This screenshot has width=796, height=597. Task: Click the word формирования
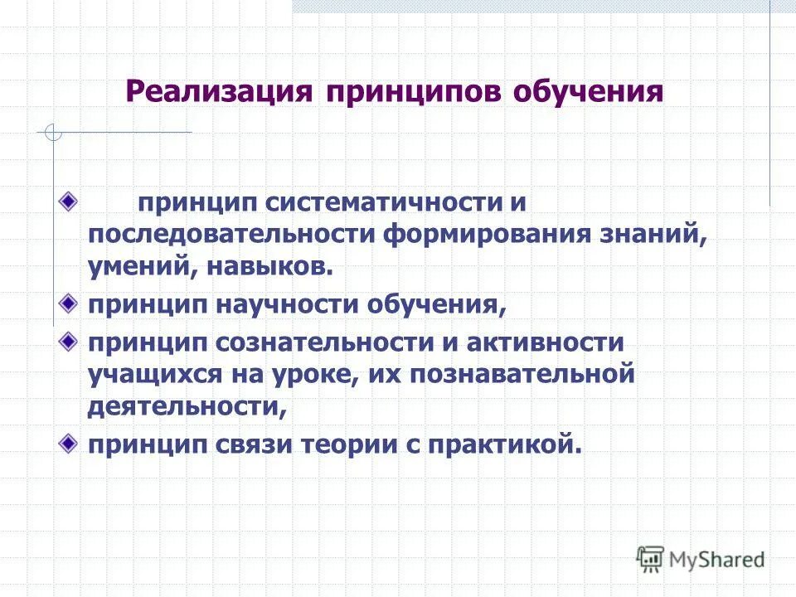coord(484,234)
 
